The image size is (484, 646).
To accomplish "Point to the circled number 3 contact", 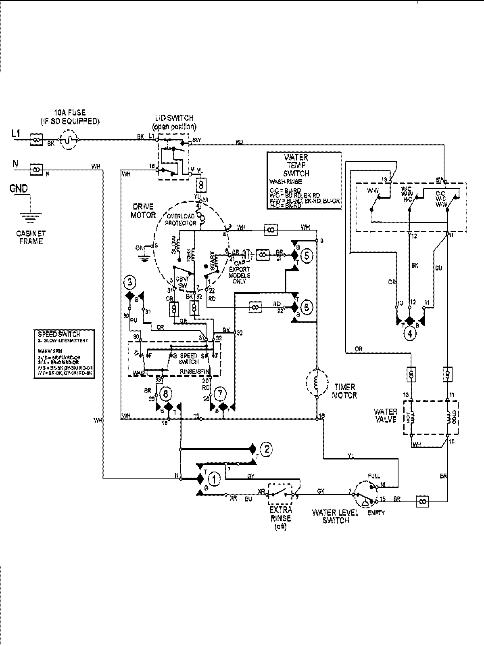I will (x=129, y=283).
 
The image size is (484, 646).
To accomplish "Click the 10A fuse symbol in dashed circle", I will (x=69, y=140).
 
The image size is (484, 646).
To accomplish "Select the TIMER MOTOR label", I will (x=344, y=392).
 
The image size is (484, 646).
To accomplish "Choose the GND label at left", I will (x=19, y=188).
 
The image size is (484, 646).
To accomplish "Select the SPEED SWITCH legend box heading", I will (x=59, y=334).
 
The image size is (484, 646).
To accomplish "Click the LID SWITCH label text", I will (x=174, y=118).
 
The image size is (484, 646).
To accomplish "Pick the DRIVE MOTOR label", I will (x=143, y=210).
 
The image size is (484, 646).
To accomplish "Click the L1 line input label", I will (x=16, y=133).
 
